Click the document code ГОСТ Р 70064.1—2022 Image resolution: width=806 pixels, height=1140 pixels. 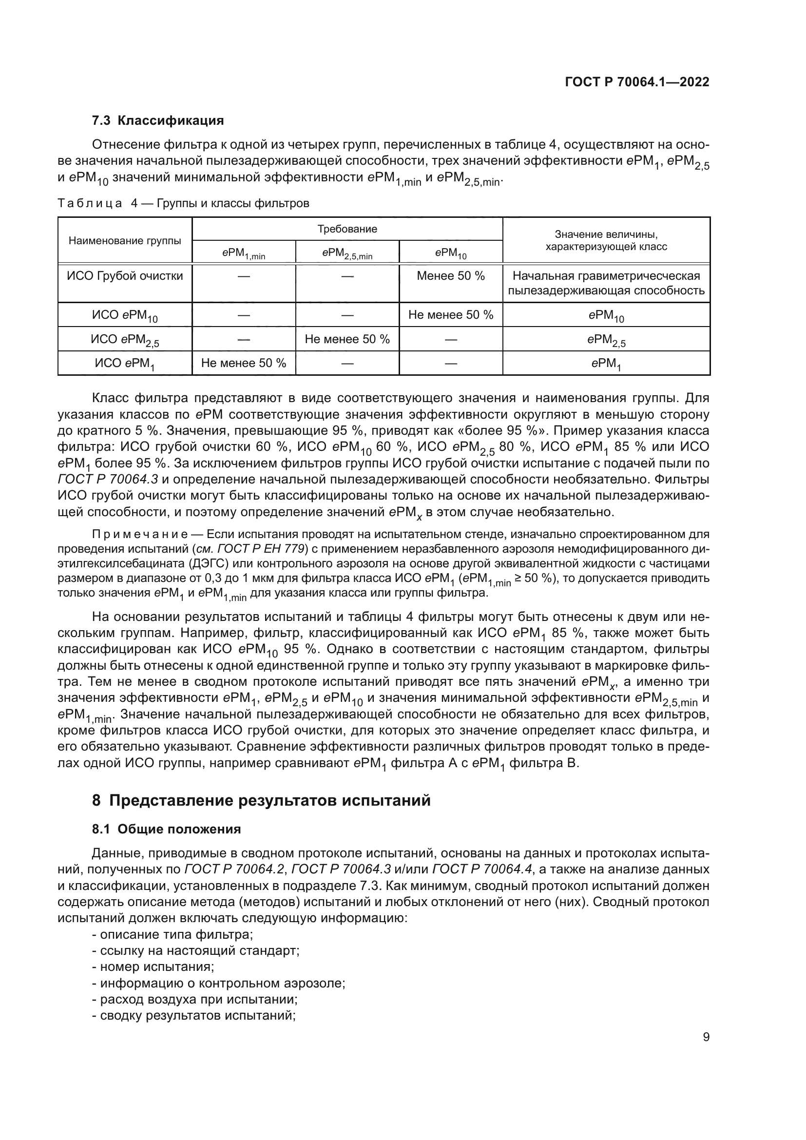[x=637, y=82]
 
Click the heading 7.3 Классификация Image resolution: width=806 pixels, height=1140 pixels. [x=158, y=120]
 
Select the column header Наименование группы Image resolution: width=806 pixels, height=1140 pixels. [x=125, y=241]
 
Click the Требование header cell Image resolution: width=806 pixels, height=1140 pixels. [x=347, y=229]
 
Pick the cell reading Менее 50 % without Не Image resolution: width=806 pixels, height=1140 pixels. [x=450, y=276]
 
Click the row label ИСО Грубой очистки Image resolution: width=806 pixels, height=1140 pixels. [x=125, y=276]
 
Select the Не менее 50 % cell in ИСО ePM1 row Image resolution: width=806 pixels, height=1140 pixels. [x=243, y=363]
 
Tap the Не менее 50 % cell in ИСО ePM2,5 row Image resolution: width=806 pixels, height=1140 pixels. [x=347, y=339]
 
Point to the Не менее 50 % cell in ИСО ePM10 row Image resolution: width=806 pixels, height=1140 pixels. [x=450, y=315]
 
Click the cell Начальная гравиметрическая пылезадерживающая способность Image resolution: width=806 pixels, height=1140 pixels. [x=606, y=283]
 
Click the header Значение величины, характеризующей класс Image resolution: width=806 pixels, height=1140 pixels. [x=606, y=240]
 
